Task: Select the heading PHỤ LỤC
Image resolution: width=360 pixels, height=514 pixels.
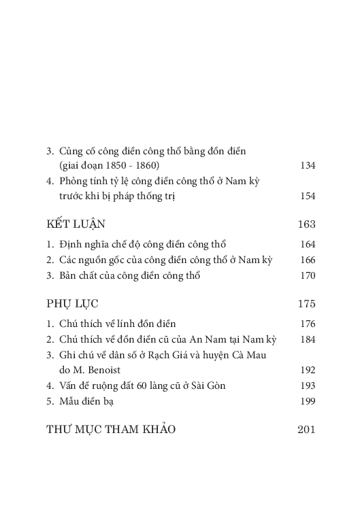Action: click(72, 303)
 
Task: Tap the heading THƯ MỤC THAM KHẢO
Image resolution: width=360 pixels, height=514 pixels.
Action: click(110, 429)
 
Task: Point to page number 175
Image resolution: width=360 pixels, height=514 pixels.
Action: click(306, 303)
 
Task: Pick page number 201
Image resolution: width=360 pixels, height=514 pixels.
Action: click(306, 429)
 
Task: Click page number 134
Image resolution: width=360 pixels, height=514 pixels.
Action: click(308, 165)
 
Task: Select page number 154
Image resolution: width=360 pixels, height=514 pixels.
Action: click(308, 196)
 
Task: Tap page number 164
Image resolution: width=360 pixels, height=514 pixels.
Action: click(308, 244)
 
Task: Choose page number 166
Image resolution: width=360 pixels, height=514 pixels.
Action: click(308, 260)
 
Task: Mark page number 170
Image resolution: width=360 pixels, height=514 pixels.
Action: click(308, 275)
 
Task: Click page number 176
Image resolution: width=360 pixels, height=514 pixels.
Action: click(308, 324)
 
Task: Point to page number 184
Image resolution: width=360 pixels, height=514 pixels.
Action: click(308, 339)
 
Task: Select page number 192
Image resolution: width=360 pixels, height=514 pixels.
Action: click(308, 370)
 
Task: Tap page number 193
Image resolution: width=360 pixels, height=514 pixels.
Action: click(308, 385)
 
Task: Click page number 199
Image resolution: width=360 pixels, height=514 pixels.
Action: click(308, 401)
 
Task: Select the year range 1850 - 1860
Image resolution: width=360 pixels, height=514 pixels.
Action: click(130, 165)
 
